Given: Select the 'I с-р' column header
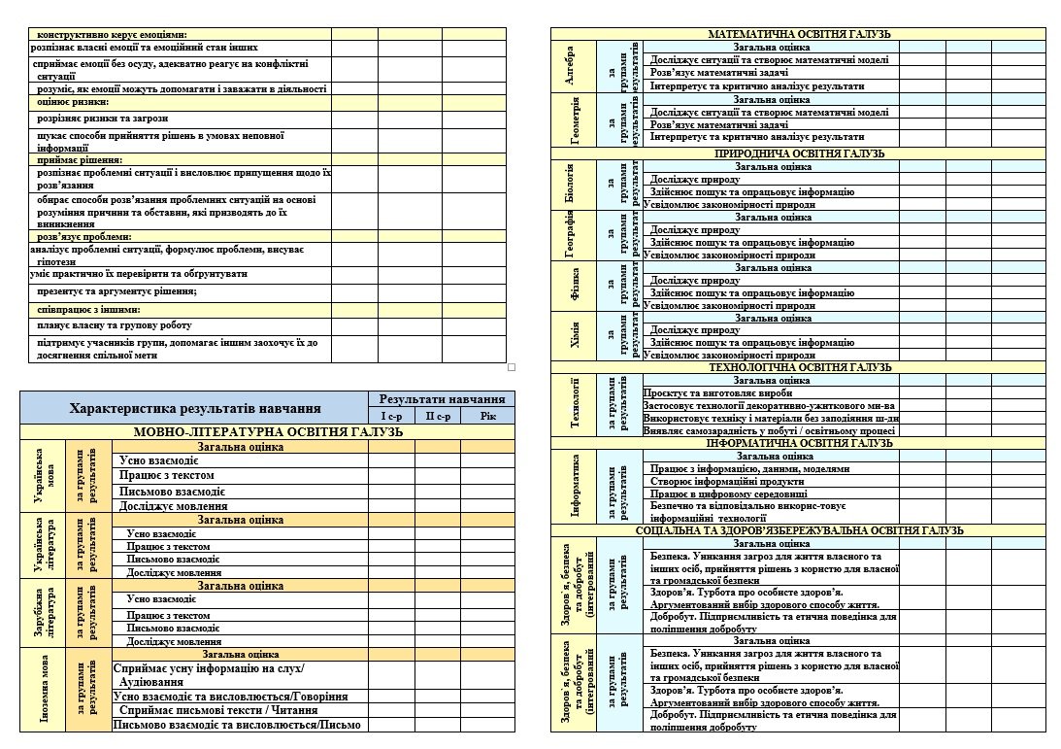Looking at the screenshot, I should tap(390, 416).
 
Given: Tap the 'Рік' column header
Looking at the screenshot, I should tap(487, 416).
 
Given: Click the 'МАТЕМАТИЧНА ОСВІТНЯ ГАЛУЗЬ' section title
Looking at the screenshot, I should tap(799, 34).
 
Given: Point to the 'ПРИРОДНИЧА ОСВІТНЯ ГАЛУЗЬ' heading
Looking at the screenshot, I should tap(799, 153).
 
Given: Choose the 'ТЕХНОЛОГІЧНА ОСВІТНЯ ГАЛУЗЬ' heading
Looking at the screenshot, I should tap(799, 368).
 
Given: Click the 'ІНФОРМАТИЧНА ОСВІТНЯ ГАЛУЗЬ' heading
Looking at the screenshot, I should tap(799, 443).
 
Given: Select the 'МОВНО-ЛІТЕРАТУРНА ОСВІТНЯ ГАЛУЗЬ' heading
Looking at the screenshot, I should tap(268, 431).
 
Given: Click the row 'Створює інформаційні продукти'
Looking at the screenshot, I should tap(727, 481).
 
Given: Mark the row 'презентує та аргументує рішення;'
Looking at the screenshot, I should tap(116, 291).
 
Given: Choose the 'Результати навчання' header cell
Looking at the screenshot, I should tap(442, 399).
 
